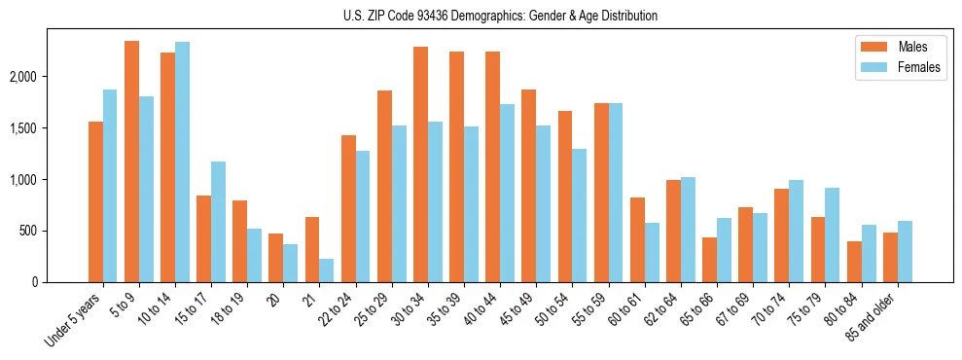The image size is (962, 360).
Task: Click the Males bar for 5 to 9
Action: coord(132,162)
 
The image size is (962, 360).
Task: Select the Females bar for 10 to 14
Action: coord(183,162)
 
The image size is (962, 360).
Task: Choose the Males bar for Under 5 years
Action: coord(96,201)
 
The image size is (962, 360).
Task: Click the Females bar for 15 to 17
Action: coord(219,222)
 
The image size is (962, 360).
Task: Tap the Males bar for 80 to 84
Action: coord(854,262)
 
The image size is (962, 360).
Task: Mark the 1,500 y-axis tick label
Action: coord(53,128)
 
